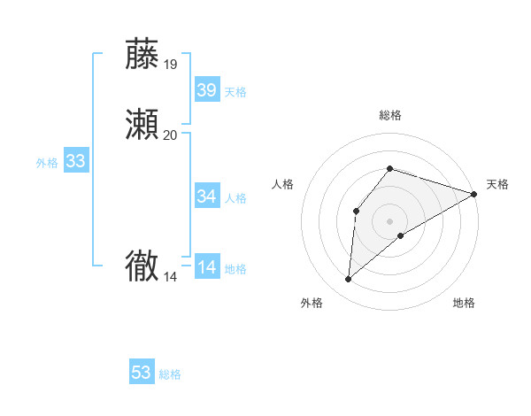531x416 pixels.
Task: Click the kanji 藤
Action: click(142, 54)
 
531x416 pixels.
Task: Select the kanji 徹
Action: click(142, 266)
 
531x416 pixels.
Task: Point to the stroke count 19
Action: click(170, 64)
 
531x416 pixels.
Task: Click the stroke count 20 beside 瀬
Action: click(170, 135)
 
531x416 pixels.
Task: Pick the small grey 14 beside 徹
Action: click(170, 277)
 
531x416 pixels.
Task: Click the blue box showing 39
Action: click(207, 89)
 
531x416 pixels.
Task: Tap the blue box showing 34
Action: click(207, 196)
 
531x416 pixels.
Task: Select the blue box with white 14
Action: click(207, 266)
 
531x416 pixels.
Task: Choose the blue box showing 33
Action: click(76, 161)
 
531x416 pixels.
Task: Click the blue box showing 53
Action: click(142, 373)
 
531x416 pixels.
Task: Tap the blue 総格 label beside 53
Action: click(170, 374)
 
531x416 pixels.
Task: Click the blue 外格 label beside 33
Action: click(47, 163)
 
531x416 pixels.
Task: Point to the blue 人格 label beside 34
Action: click(236, 197)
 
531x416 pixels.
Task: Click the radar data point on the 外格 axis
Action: click(349, 280)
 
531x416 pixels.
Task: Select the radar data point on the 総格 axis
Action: click(389, 168)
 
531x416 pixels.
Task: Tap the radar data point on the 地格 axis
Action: click(401, 235)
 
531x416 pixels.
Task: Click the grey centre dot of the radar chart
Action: click(389, 220)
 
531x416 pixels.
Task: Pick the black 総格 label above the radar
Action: click(389, 116)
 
